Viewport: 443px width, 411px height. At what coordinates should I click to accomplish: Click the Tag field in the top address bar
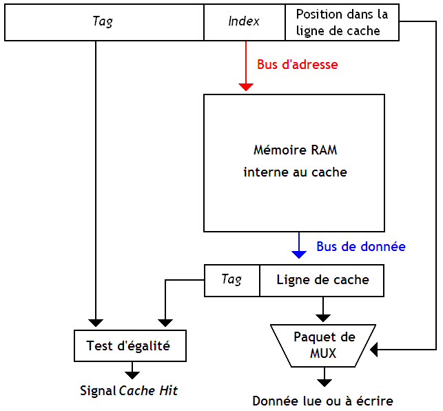click(x=103, y=22)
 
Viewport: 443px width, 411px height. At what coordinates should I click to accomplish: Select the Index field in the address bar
click(x=244, y=22)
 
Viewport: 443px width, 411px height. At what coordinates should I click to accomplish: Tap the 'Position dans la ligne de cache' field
click(x=342, y=23)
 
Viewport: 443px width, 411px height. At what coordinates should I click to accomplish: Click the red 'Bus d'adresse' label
click(x=297, y=65)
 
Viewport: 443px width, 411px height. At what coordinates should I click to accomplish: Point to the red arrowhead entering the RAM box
click(x=246, y=87)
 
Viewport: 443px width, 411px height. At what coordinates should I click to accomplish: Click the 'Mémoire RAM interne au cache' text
click(x=295, y=161)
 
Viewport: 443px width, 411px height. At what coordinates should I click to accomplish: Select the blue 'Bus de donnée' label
click(x=360, y=246)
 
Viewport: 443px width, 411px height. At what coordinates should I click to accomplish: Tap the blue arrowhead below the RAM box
click(x=299, y=254)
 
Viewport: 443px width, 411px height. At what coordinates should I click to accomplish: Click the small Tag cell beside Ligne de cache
click(x=231, y=280)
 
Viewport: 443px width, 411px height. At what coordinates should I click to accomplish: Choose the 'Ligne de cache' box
click(x=322, y=280)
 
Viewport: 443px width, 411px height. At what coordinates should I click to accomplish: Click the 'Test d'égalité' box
click(x=130, y=346)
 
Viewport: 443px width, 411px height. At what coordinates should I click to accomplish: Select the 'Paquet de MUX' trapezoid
click(x=324, y=345)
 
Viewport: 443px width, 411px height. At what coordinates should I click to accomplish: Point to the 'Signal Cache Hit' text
click(x=129, y=391)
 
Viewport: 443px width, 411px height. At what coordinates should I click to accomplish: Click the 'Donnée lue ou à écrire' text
click(x=322, y=401)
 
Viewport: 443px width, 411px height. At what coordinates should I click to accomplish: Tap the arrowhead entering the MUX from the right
click(x=375, y=350)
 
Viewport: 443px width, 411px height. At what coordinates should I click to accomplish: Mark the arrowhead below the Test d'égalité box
click(x=131, y=375)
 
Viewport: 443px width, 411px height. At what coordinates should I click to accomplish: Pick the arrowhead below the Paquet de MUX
click(x=323, y=381)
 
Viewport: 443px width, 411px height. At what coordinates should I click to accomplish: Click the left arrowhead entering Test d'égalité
click(x=96, y=322)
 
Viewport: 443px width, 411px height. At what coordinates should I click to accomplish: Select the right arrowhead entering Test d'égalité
click(x=165, y=322)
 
